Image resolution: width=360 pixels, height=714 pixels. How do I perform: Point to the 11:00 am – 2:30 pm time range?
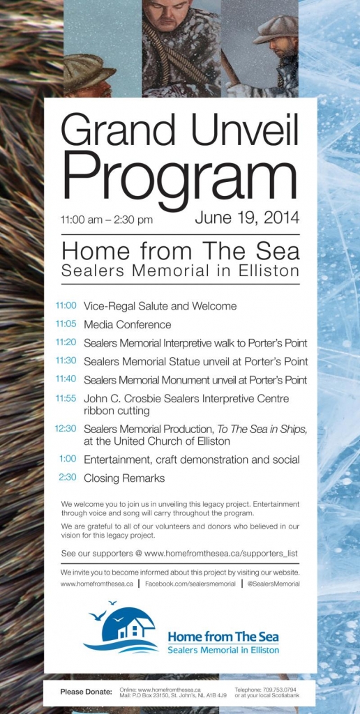click(x=107, y=220)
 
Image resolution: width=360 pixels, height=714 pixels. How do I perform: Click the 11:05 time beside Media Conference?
click(x=67, y=324)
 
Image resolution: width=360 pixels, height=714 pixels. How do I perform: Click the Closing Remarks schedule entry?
click(x=124, y=478)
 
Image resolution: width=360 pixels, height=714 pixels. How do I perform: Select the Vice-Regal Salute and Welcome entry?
click(x=160, y=306)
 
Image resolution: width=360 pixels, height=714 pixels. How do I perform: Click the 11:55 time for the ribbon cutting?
click(x=67, y=398)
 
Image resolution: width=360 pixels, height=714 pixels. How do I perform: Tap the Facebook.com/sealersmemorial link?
click(x=190, y=584)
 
